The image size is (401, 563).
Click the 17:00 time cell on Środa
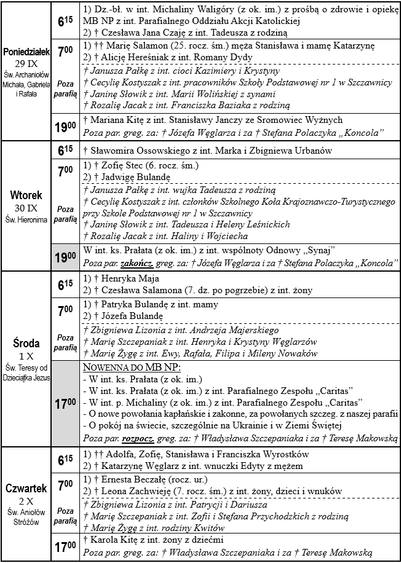[65, 405]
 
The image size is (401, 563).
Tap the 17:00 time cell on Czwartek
[65, 546]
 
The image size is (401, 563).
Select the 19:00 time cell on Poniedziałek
[65, 128]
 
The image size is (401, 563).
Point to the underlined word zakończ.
[142, 264]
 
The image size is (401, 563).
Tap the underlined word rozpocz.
[142, 439]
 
